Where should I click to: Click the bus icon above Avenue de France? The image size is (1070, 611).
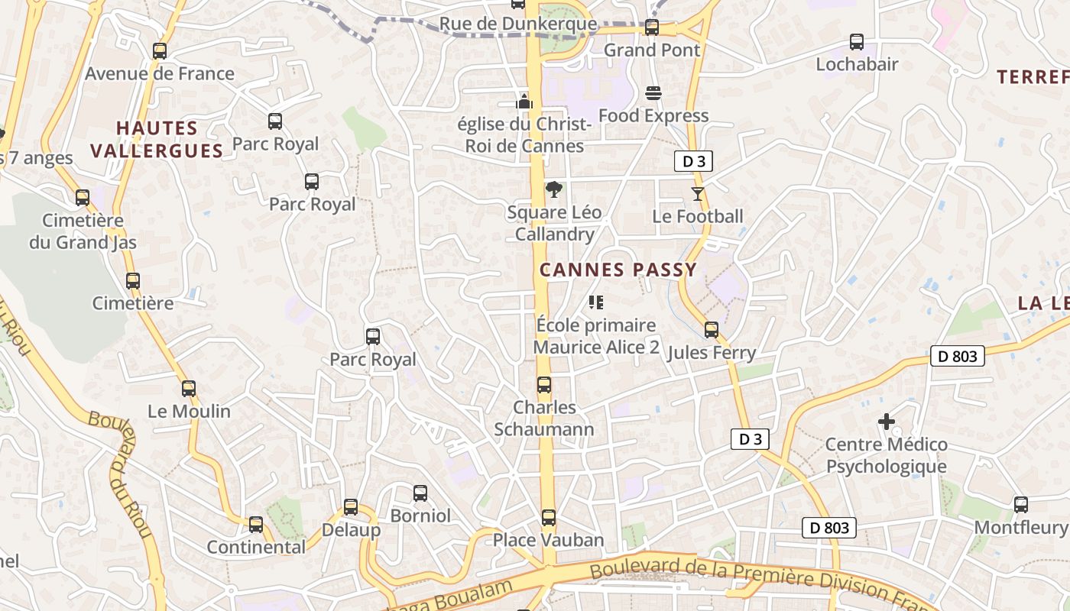(159, 51)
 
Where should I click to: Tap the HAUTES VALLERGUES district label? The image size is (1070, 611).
(157, 139)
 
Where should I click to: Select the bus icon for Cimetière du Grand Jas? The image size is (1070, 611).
(83, 198)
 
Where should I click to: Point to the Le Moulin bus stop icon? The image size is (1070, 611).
(189, 389)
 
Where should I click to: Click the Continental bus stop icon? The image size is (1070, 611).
(256, 525)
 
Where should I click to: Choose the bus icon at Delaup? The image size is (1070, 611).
(351, 506)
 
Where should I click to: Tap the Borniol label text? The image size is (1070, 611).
(420, 516)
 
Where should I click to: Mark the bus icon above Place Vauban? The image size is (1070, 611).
(549, 518)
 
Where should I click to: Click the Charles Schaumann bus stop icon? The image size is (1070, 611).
(544, 385)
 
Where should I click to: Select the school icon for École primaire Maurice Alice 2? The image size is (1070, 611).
(596, 302)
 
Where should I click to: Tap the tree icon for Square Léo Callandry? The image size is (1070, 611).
(554, 189)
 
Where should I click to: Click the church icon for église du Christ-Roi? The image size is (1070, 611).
(524, 100)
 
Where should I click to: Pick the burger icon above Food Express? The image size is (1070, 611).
(653, 93)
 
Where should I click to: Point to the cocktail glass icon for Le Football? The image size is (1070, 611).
(697, 193)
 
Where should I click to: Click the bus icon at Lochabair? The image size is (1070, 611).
(857, 42)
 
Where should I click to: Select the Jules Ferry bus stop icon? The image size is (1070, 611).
(712, 330)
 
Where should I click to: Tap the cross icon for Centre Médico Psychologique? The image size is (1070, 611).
(887, 422)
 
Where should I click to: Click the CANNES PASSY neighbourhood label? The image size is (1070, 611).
(618, 270)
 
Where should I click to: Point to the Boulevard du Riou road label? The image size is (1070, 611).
(122, 474)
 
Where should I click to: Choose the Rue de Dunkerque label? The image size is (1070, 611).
(518, 24)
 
